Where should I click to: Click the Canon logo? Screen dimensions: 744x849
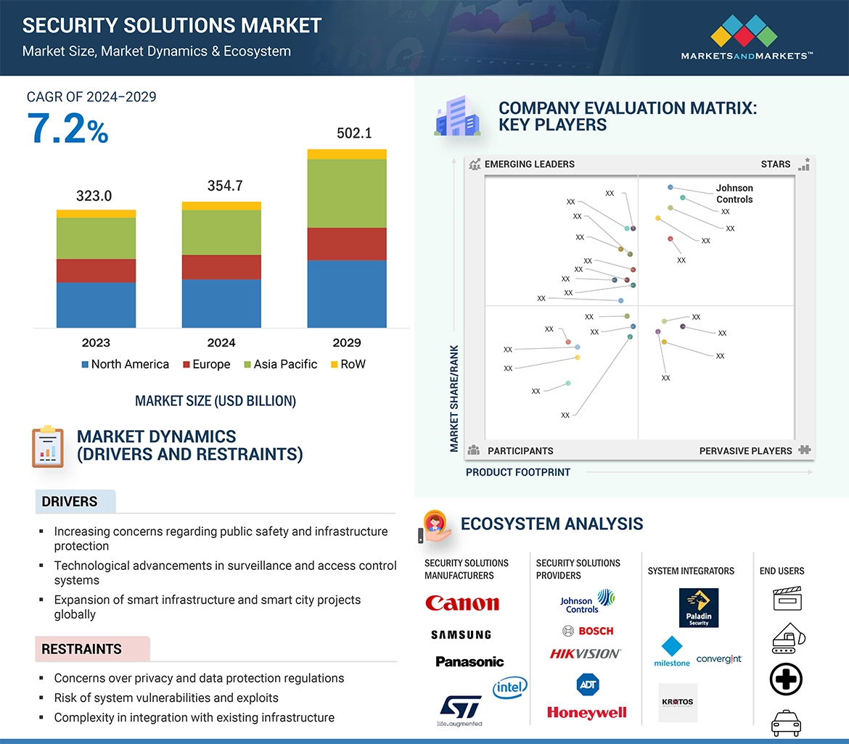462,603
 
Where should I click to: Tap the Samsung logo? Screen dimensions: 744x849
461,635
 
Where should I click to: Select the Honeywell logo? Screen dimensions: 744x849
586,713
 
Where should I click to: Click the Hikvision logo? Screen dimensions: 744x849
585,653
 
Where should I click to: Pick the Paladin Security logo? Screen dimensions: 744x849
698,608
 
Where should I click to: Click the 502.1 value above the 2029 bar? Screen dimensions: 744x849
354,133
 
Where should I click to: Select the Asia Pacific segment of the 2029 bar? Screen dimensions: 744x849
347,193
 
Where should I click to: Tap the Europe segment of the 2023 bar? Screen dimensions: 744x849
96,270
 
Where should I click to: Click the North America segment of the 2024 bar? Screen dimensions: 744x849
221,303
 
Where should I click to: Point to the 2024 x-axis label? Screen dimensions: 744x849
221,342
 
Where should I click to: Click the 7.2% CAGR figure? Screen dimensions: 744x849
67,128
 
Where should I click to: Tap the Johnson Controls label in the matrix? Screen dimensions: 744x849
734,194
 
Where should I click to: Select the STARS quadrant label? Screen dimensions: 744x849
776,164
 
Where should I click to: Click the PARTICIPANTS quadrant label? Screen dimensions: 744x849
520,450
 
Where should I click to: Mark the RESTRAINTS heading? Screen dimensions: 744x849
81,649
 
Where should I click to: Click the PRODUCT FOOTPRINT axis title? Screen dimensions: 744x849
518,472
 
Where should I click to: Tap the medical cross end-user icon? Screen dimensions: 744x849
785,680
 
